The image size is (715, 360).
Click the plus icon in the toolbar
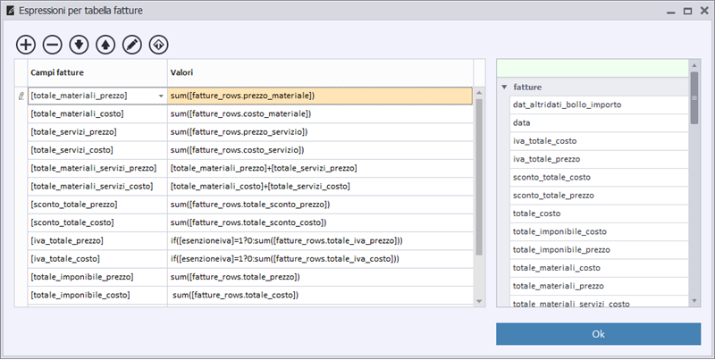click(26, 45)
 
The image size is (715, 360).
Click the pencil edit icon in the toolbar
click(132, 45)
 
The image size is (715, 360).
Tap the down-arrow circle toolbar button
click(79, 45)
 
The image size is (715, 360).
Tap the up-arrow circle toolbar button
click(105, 45)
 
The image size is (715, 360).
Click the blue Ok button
click(598, 334)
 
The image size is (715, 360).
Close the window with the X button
click(704, 11)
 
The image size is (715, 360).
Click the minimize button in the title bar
click(671, 12)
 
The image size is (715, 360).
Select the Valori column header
click(181, 72)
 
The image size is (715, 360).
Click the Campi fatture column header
click(57, 72)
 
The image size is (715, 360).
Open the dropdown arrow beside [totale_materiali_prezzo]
click(161, 96)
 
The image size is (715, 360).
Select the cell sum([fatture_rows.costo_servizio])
click(237, 150)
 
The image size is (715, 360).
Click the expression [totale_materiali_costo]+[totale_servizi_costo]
click(260, 187)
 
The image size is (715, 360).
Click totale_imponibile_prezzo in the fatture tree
click(561, 250)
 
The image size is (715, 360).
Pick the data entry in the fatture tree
click(521, 123)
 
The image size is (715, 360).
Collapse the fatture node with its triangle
click(504, 87)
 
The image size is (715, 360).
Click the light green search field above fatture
click(593, 69)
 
